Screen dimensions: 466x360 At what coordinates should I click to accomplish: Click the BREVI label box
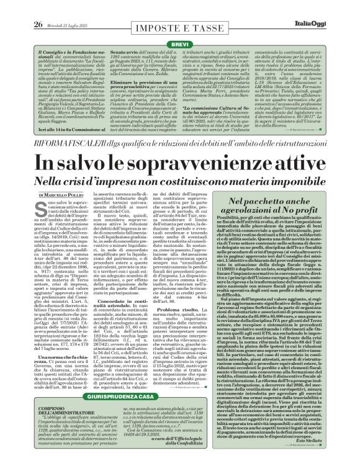(179, 28)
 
